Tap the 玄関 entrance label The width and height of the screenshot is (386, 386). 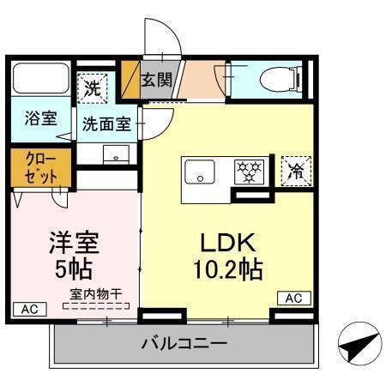(x=156, y=81)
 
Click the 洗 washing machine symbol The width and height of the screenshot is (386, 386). (x=93, y=86)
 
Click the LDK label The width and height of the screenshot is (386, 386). (x=229, y=241)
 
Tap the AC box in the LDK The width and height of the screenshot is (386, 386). (x=293, y=299)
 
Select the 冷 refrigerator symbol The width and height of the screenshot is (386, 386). (x=294, y=169)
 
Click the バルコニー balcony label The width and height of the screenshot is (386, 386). (x=184, y=345)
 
